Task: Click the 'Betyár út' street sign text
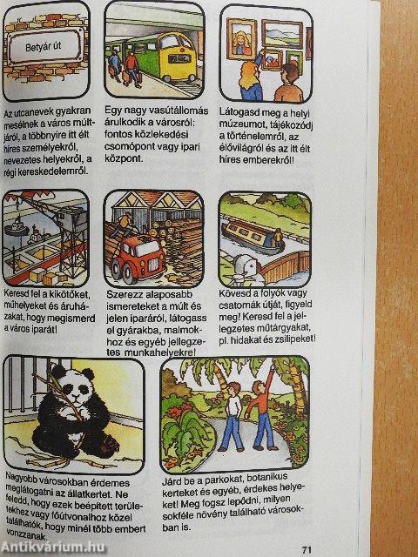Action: pos(43,46)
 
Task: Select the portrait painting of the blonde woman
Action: pos(242,39)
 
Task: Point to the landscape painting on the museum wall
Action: pos(282,34)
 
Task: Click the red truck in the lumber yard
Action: pos(138,258)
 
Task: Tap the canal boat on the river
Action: pos(253,237)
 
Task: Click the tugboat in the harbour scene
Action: pos(16,227)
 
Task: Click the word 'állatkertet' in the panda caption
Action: pos(95,494)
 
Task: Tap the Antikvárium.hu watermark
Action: pos(52,547)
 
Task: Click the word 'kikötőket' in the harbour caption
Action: pos(71,295)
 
